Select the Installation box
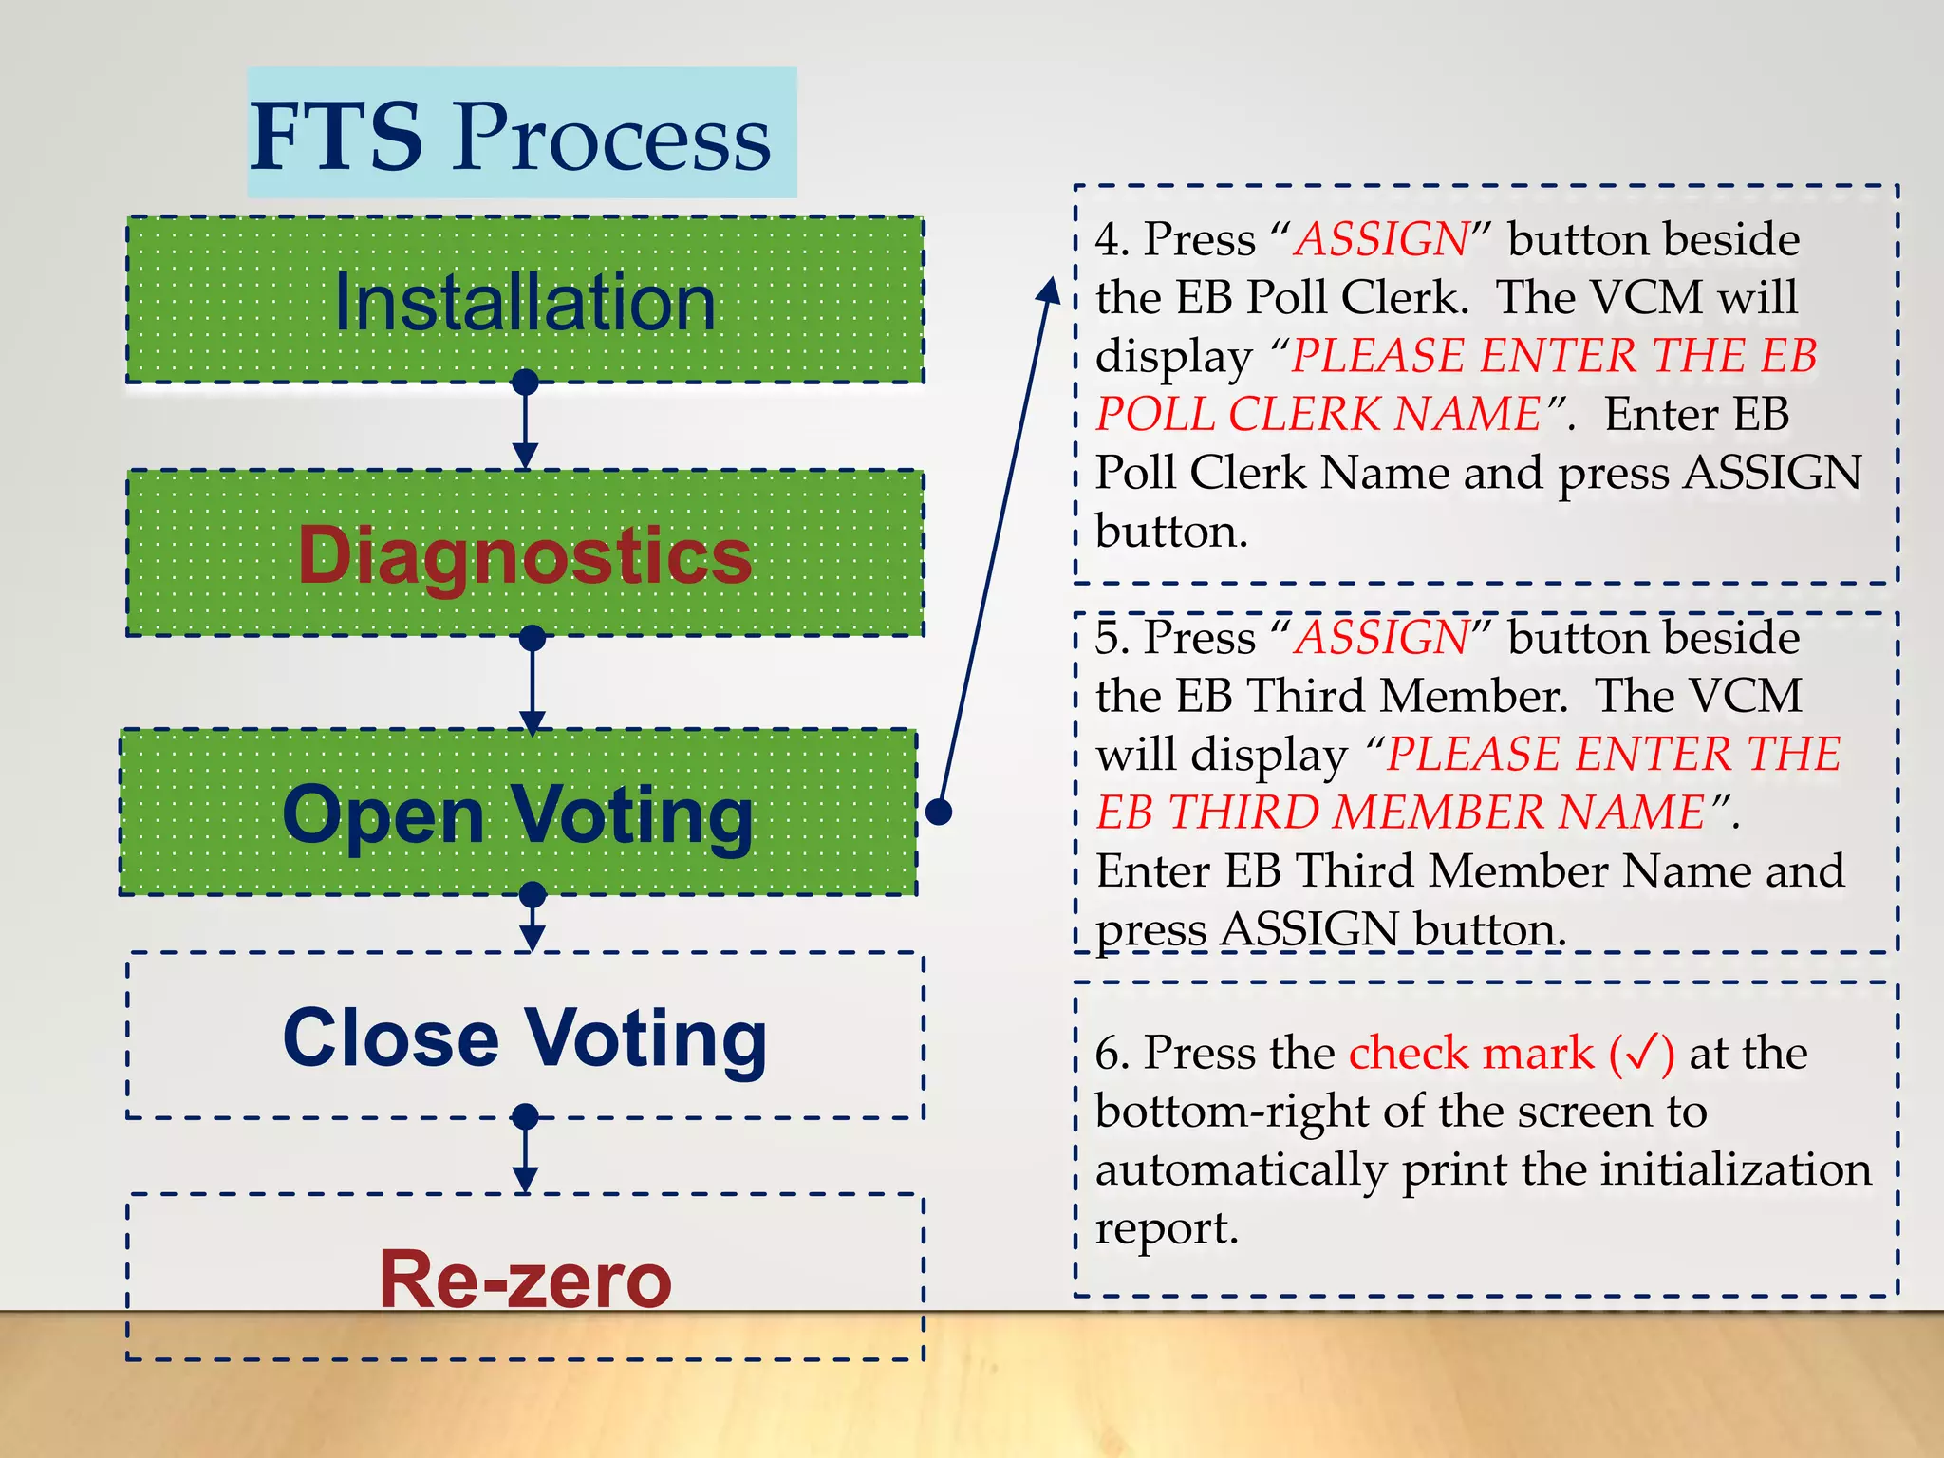525,301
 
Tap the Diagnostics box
525,554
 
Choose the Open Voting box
518,813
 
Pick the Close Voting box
525,1037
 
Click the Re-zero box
525,1279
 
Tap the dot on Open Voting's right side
939,812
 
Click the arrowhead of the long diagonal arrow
1049,290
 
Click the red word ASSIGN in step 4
1383,239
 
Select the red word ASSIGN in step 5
1383,638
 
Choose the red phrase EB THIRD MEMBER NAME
1401,813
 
